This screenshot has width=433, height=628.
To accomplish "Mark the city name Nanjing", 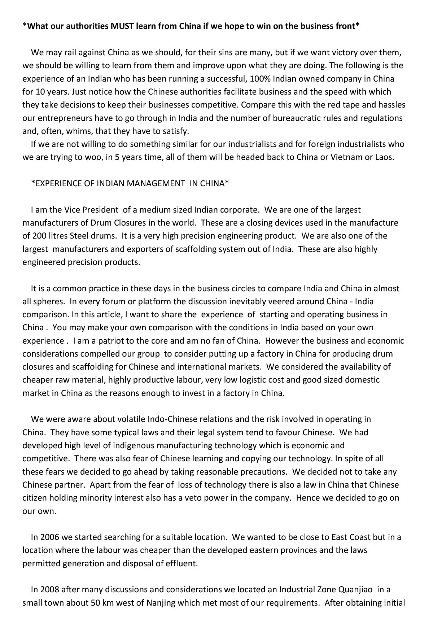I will pos(175,603).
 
